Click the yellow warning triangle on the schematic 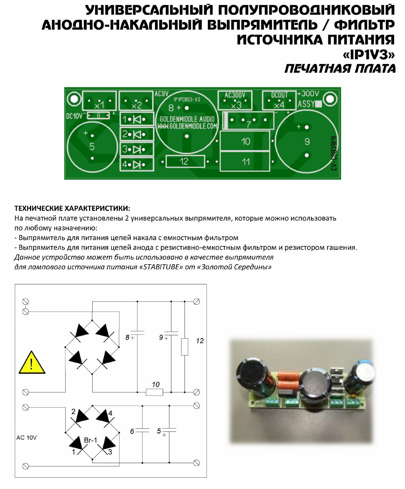(32, 364)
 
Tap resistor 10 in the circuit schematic (154, 392)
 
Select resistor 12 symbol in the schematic (185, 346)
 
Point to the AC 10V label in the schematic (26, 438)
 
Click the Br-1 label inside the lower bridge (90, 440)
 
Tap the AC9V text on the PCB (161, 94)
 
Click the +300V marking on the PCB (308, 94)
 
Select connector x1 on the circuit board (99, 101)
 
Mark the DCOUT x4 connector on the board (279, 101)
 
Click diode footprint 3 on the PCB (136, 149)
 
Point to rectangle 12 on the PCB (185, 161)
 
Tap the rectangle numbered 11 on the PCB (245, 161)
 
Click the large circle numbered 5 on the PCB (92, 147)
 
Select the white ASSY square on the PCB (318, 104)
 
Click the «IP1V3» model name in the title (368, 55)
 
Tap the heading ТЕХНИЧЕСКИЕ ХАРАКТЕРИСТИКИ (72, 208)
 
